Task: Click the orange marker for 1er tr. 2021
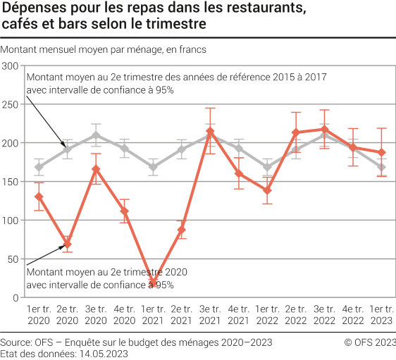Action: point(154,283)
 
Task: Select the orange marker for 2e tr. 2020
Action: point(67,244)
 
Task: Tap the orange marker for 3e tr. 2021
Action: point(210,132)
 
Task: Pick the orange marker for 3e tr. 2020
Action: point(96,168)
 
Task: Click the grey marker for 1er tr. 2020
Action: point(39,168)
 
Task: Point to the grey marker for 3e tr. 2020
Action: point(96,135)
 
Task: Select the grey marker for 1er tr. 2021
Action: point(154,168)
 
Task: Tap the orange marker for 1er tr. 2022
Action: point(267,190)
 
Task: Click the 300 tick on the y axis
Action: point(11,66)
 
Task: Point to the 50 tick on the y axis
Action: point(13,259)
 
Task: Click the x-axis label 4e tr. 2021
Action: point(238,314)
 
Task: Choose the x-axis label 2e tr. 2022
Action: point(296,314)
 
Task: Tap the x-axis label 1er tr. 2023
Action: point(380,314)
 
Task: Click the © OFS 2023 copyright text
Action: point(369,342)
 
